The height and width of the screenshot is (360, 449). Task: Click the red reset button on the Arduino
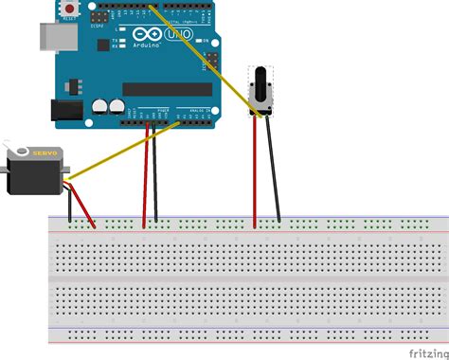(70, 9)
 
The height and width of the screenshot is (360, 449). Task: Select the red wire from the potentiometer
(255, 171)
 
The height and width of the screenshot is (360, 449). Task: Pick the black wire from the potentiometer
(273, 171)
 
